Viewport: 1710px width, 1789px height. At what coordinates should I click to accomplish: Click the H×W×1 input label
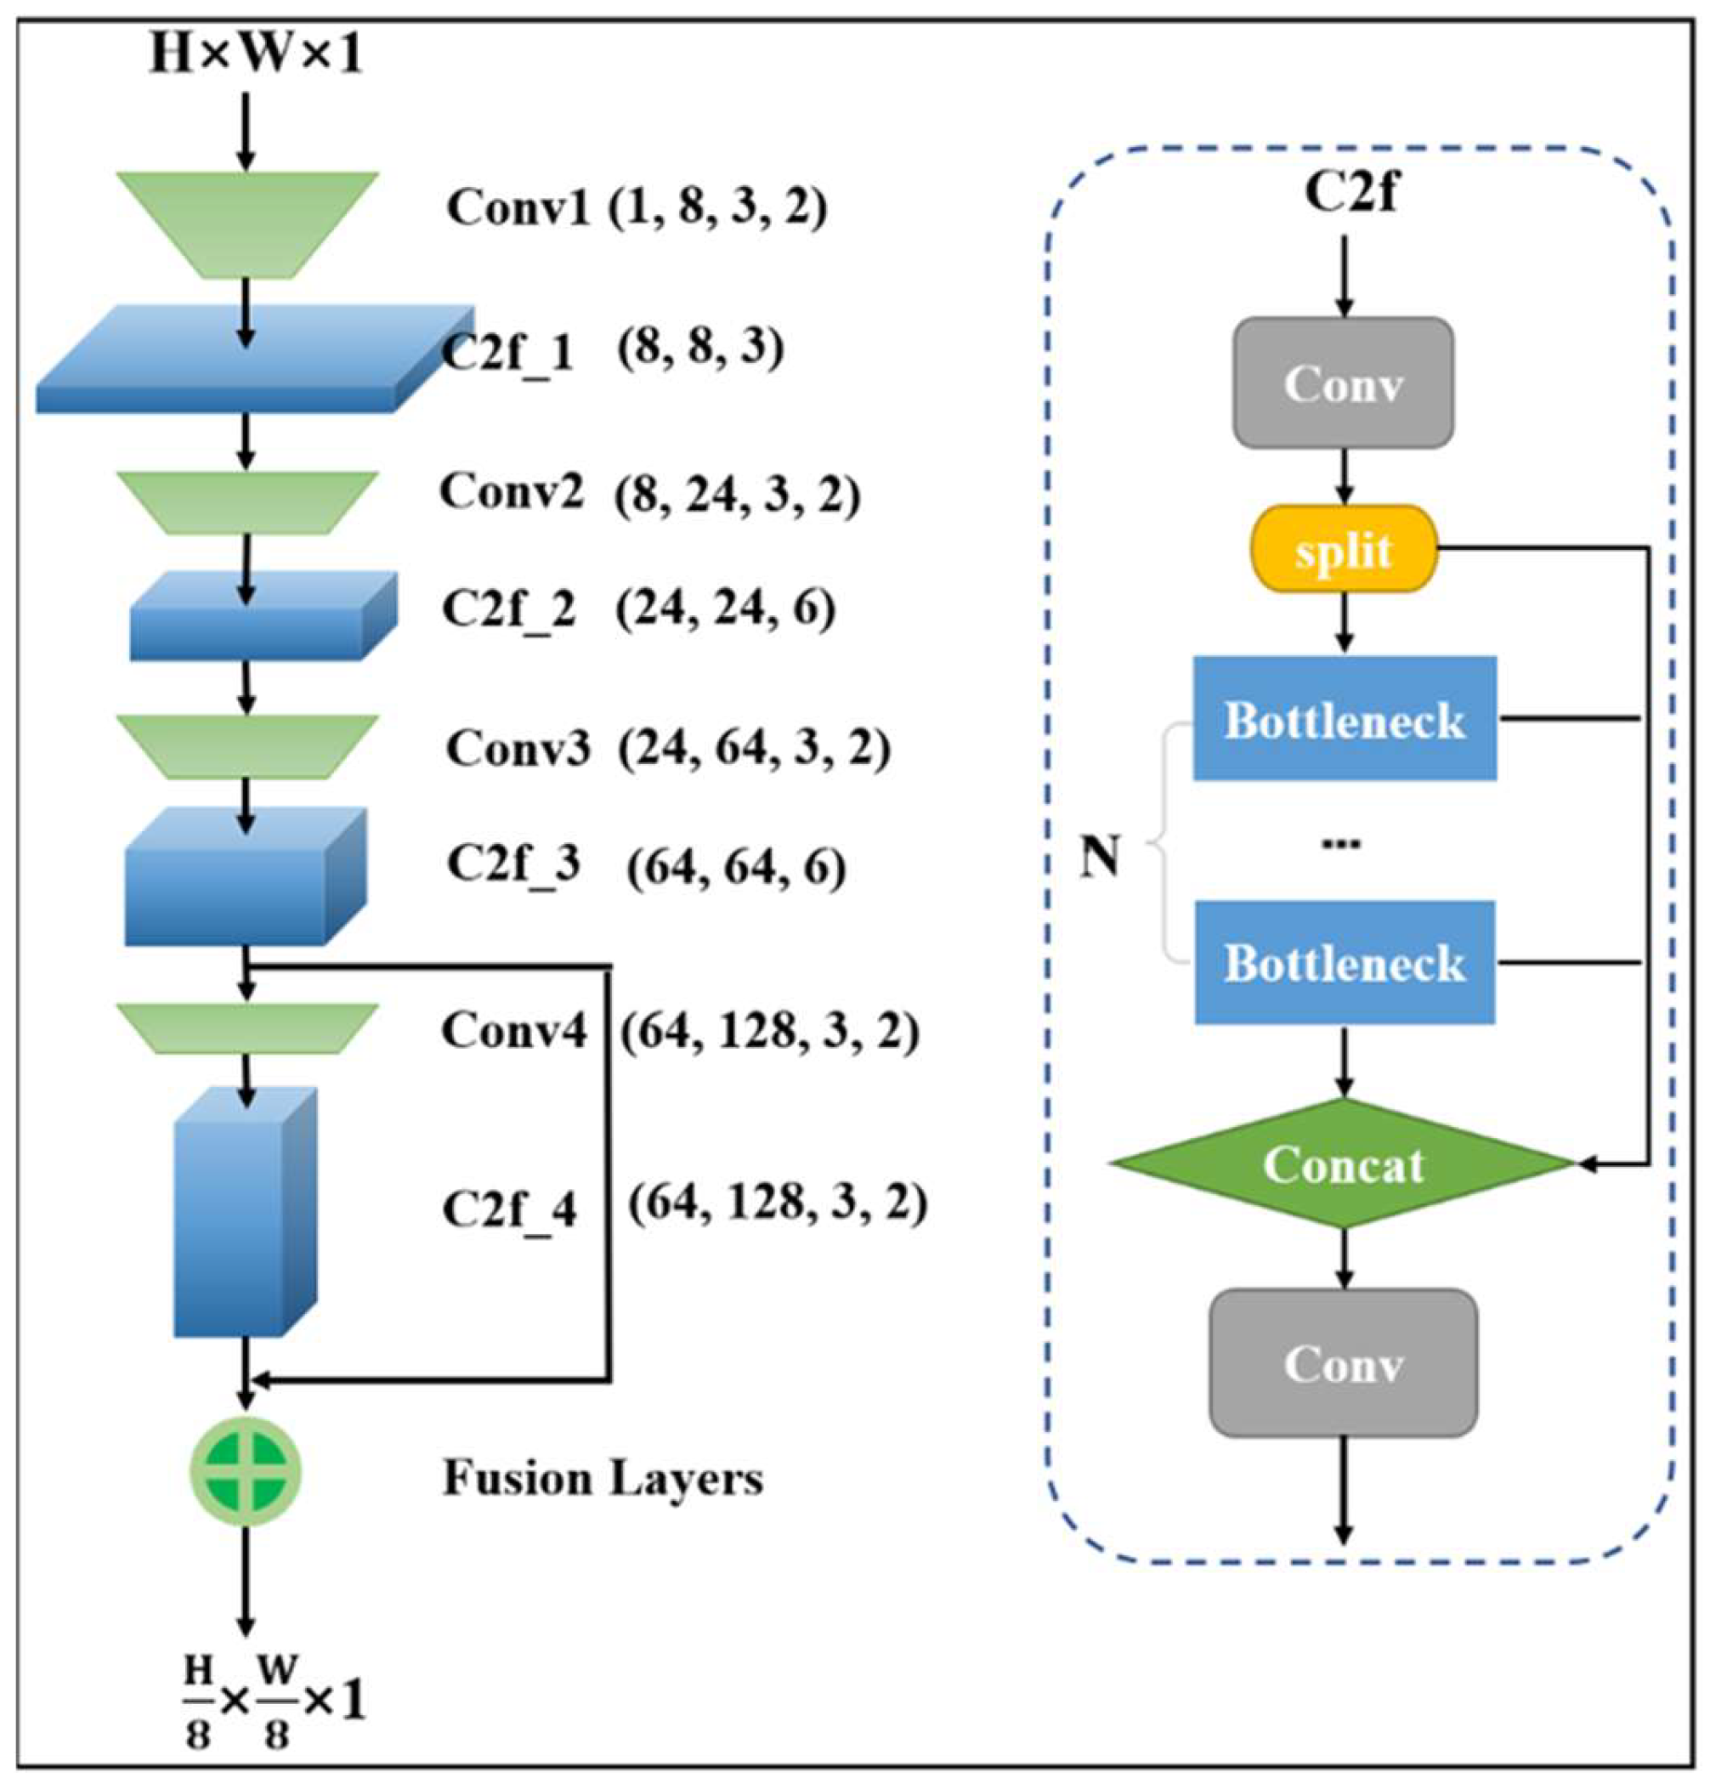point(256,55)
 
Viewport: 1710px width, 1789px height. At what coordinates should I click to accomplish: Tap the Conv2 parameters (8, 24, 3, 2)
point(737,495)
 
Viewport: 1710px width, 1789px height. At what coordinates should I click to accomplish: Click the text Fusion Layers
point(603,1477)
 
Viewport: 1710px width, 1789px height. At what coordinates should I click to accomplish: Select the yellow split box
point(1343,550)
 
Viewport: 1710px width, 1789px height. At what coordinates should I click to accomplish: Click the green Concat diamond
point(1343,1163)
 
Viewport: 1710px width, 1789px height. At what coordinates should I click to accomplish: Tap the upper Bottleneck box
point(1345,719)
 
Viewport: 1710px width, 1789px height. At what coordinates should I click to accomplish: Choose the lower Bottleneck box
point(1345,962)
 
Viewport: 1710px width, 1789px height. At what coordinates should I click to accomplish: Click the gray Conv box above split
point(1343,383)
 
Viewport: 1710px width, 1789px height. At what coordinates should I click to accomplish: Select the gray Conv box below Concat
point(1343,1363)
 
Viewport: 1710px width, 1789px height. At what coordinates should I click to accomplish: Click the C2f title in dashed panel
point(1350,192)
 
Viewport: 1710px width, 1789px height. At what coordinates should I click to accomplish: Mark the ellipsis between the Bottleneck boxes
point(1341,844)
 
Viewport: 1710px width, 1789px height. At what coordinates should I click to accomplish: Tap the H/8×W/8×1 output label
point(275,1700)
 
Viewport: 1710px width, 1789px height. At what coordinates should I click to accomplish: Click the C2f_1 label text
point(508,352)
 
